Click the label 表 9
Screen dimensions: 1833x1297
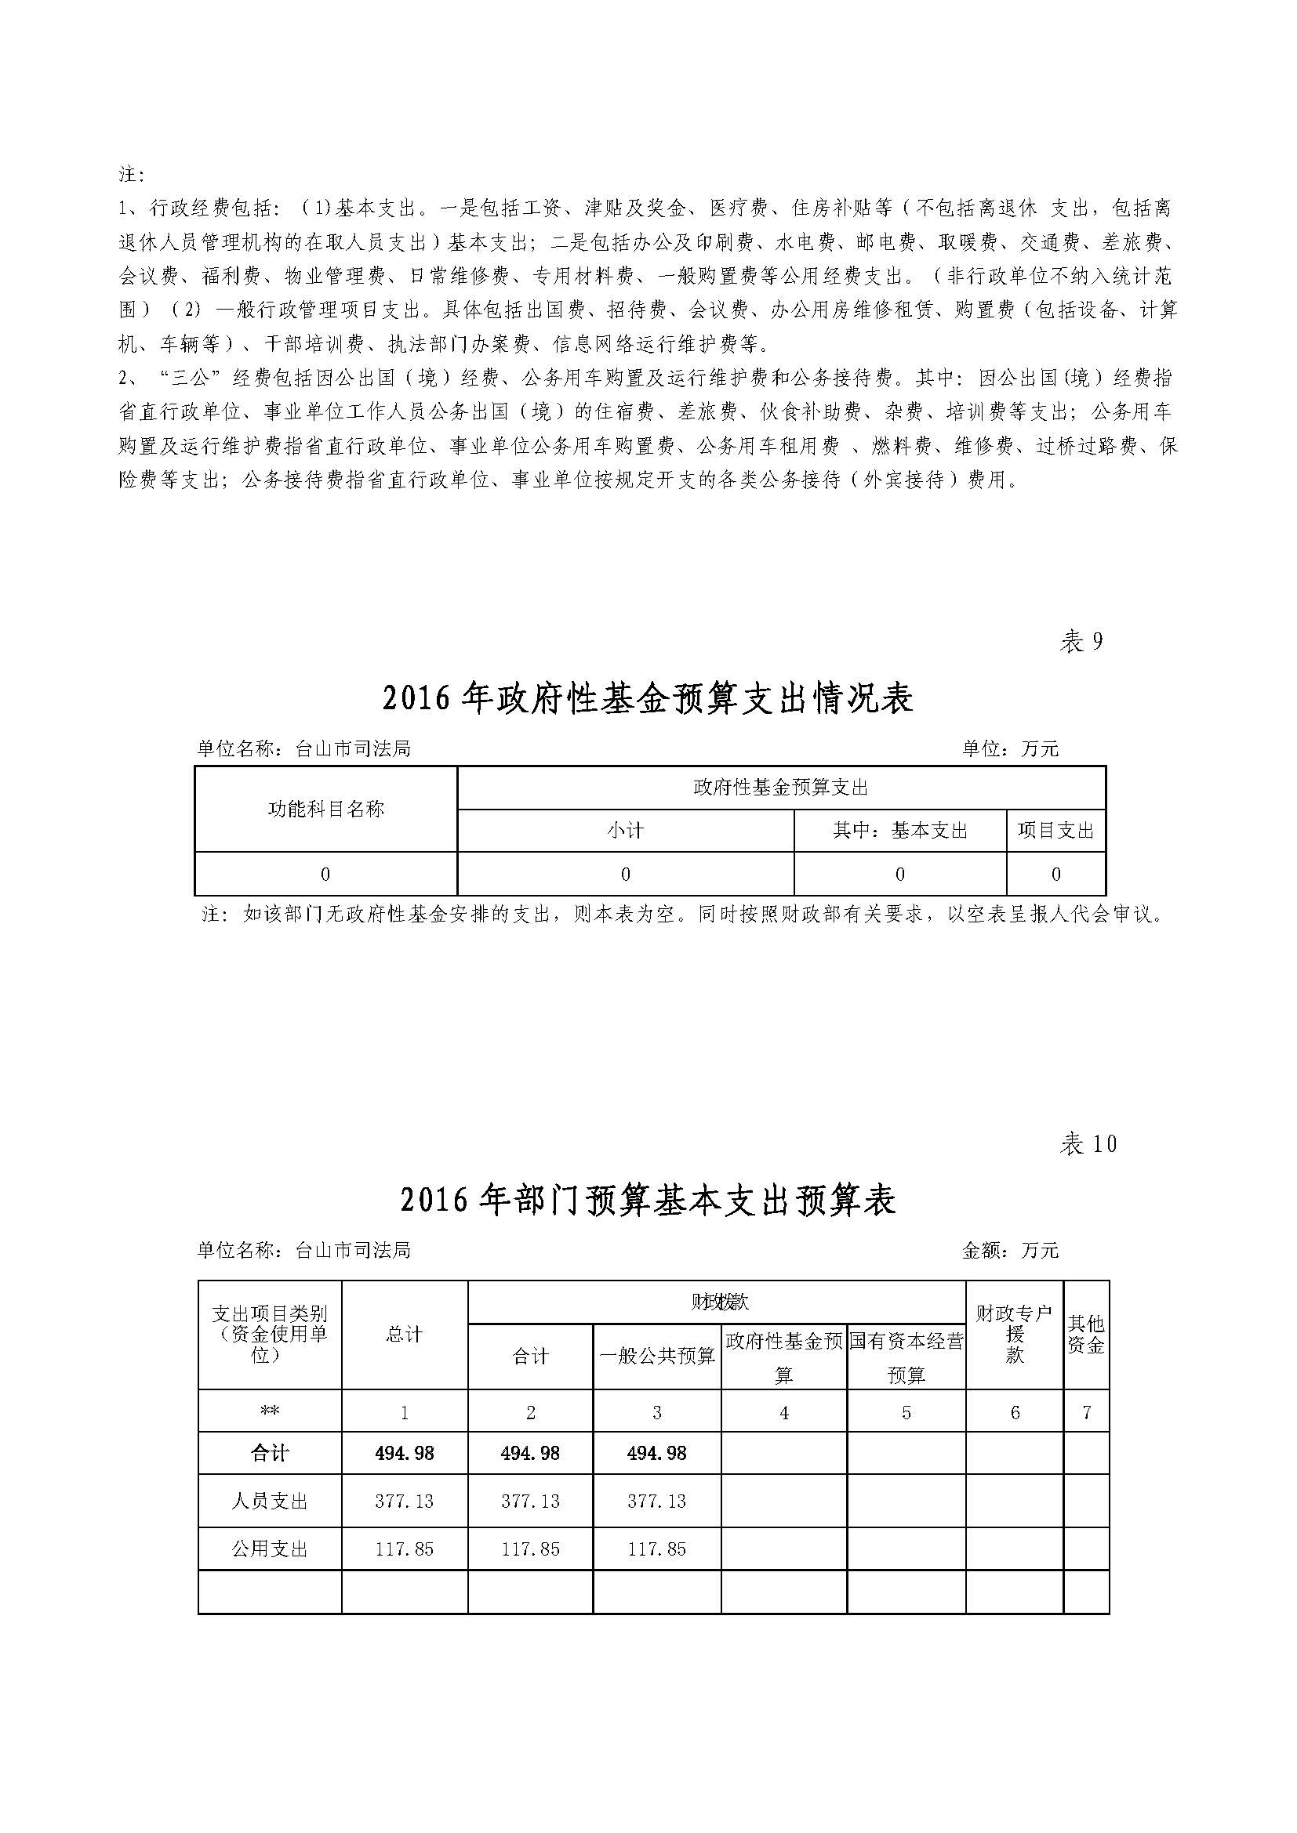pos(1081,641)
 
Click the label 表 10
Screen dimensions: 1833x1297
pos(1087,1144)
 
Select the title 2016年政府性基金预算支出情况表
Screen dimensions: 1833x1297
pos(647,699)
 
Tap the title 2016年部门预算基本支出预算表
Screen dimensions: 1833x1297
pos(647,1201)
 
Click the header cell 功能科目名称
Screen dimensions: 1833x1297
pos(326,809)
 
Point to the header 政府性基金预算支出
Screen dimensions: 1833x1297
pos(780,788)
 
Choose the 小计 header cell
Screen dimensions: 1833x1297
pos(625,830)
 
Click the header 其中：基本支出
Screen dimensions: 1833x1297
pos(900,830)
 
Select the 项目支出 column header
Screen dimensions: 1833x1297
pos(1055,830)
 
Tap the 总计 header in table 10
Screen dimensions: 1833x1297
pos(404,1333)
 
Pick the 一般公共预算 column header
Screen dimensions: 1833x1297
pos(656,1356)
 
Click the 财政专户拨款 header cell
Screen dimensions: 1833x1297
pos(1014,1333)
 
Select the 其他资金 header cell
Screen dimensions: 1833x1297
pos(1086,1333)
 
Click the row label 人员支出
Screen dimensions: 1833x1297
pos(269,1501)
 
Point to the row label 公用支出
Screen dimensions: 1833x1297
pos(269,1549)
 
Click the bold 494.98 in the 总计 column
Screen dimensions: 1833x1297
pos(404,1453)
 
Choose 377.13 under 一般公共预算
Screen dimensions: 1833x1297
pos(656,1501)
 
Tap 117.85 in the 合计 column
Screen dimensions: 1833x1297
pos(530,1549)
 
